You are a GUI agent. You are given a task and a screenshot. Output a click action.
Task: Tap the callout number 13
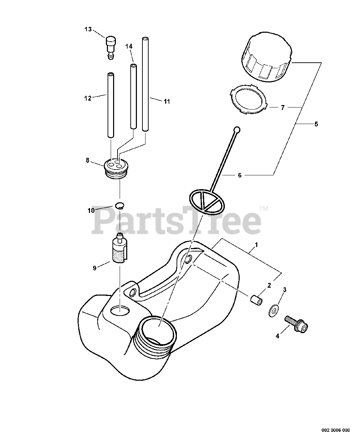tap(88, 29)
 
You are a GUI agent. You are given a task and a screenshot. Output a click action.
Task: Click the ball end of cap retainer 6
tap(236, 130)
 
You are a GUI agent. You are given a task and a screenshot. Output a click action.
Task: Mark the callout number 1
tap(257, 245)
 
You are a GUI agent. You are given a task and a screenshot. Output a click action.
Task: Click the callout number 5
tap(316, 124)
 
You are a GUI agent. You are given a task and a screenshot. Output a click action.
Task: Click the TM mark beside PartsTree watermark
tap(264, 208)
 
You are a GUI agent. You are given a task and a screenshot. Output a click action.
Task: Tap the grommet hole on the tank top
tap(121, 310)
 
